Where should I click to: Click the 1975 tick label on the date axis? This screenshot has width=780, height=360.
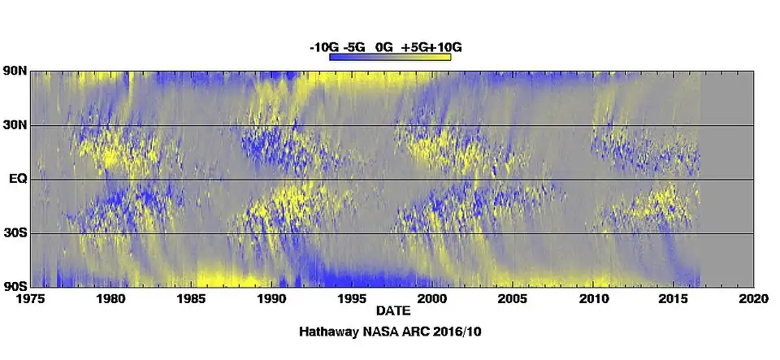(x=32, y=299)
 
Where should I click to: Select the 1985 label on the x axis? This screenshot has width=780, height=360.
(x=192, y=299)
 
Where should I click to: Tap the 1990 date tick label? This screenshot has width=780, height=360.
(x=272, y=299)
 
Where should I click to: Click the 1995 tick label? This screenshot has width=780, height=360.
(x=353, y=299)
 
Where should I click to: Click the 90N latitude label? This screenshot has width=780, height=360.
(x=15, y=72)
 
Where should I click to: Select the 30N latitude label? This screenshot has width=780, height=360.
(x=15, y=125)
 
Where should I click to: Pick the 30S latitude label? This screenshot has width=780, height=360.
(x=15, y=232)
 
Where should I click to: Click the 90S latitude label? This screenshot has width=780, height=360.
(x=15, y=285)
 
